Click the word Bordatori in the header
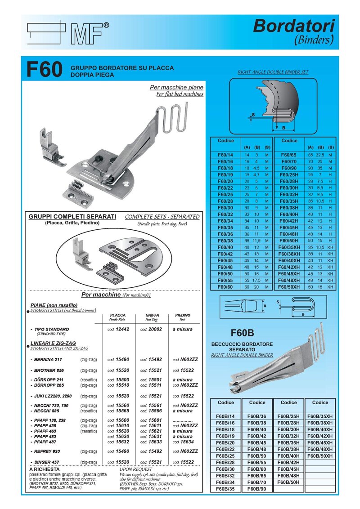pyautogui.click(x=293, y=26)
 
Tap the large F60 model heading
pyautogui.click(x=44, y=71)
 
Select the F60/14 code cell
pyautogui.click(x=225, y=155)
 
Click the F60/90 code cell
pyautogui.click(x=288, y=167)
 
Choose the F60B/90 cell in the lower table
pyautogui.click(x=257, y=489)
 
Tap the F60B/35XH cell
pyautogui.click(x=320, y=416)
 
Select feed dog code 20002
pyautogui.click(x=151, y=329)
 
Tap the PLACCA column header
pyautogui.click(x=117, y=315)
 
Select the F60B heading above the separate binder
pyautogui.click(x=242, y=333)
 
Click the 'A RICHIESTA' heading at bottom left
pyautogui.click(x=44, y=469)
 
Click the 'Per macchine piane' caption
pyautogui.click(x=176, y=87)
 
